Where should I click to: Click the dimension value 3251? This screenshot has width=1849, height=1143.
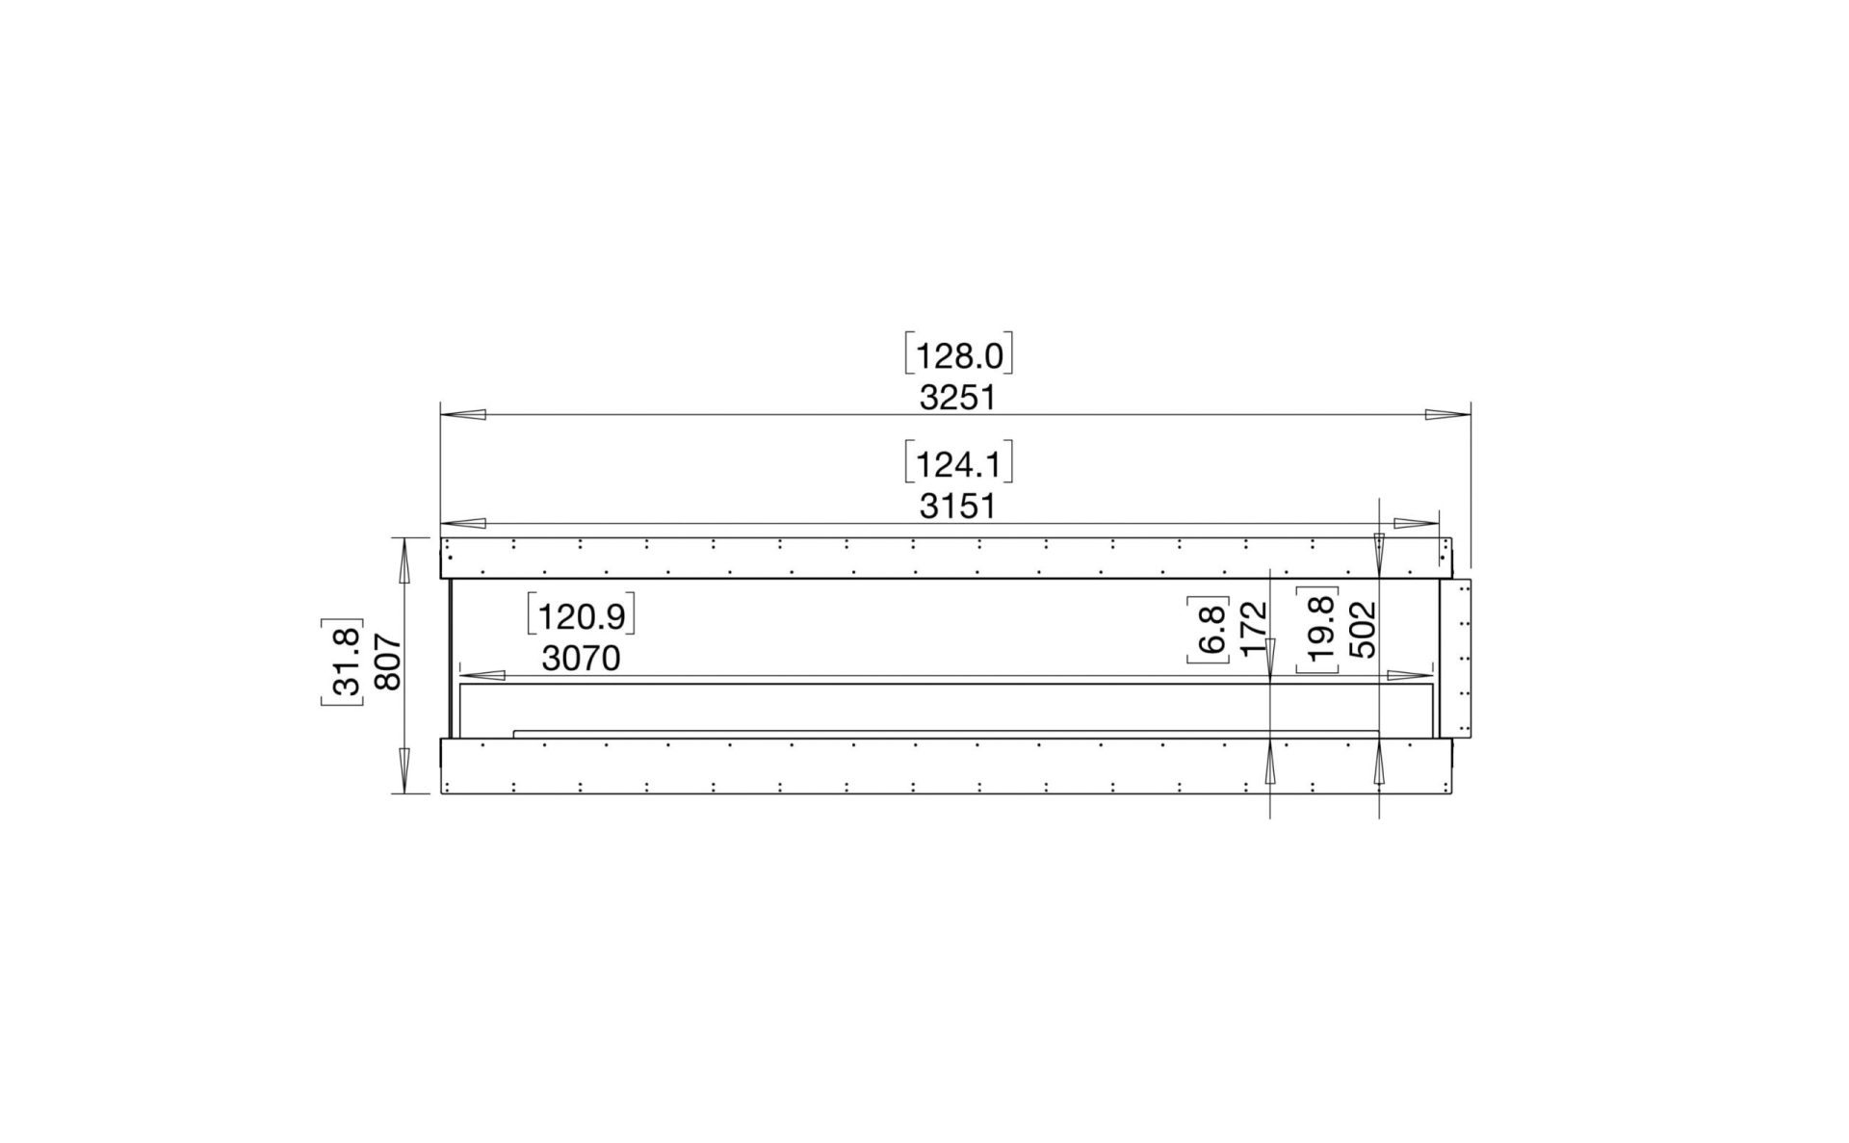tap(956, 398)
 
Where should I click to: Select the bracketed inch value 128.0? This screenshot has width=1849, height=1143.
tap(958, 356)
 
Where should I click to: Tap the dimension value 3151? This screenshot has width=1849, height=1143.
tap(956, 507)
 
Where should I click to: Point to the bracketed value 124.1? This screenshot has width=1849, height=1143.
tap(958, 465)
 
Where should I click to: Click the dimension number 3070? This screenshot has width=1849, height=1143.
tap(580, 659)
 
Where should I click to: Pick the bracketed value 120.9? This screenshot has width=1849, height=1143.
tap(581, 616)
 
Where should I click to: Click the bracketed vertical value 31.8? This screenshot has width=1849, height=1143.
tap(344, 662)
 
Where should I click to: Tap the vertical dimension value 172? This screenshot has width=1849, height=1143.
tap(1253, 629)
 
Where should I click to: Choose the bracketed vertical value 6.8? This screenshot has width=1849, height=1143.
tap(1211, 629)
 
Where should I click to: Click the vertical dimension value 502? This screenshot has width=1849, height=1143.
tap(1362, 629)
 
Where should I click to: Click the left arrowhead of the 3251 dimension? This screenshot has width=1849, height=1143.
tap(463, 415)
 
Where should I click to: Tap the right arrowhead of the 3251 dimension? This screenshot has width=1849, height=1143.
tap(1447, 415)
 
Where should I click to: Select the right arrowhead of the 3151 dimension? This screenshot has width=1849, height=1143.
tap(1416, 524)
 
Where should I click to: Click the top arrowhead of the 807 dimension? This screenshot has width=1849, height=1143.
tap(404, 559)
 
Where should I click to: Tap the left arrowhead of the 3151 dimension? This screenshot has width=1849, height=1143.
tap(463, 524)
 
